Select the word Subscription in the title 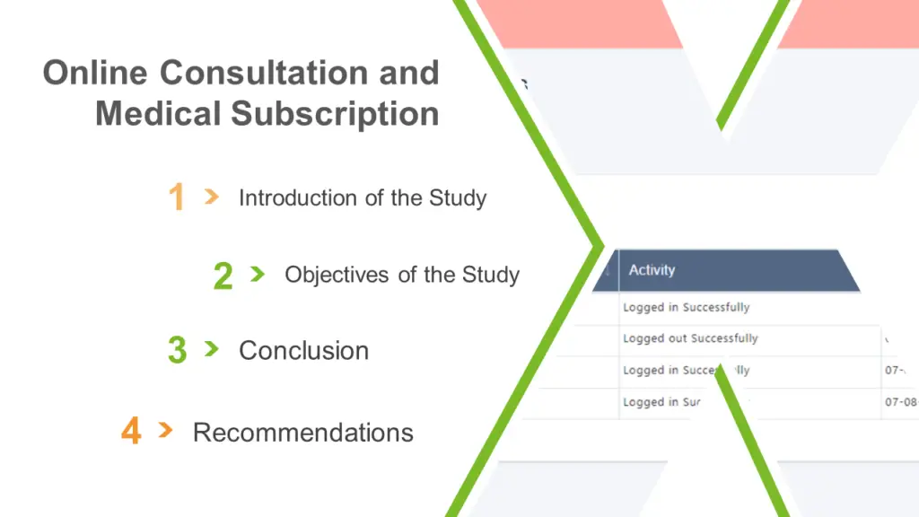pyautogui.click(x=335, y=114)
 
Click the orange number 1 pyautogui.click(x=177, y=197)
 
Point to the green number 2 pyautogui.click(x=223, y=276)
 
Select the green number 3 pyautogui.click(x=177, y=350)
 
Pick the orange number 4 pyautogui.click(x=131, y=432)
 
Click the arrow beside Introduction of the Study pyautogui.click(x=211, y=196)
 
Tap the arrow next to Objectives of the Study pyautogui.click(x=258, y=273)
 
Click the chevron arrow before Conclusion pyautogui.click(x=211, y=348)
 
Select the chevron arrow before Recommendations pyautogui.click(x=165, y=430)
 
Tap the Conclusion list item pyautogui.click(x=303, y=350)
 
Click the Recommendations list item pyautogui.click(x=302, y=433)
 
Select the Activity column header pyautogui.click(x=652, y=270)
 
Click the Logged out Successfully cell pyautogui.click(x=690, y=338)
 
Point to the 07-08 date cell pyautogui.click(x=901, y=402)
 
